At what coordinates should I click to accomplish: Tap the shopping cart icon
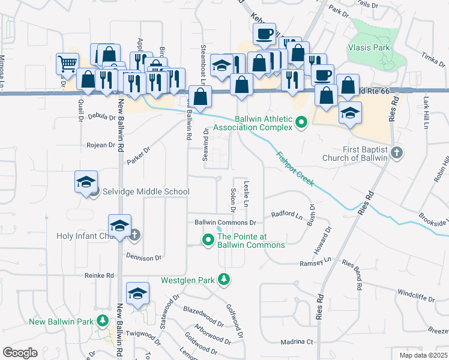67,63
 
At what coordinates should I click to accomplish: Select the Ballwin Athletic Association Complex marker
301,124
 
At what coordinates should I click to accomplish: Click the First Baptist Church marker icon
396,154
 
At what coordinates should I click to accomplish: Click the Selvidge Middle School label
146,191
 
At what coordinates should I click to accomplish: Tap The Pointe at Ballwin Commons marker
208,241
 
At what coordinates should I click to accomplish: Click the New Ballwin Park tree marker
103,321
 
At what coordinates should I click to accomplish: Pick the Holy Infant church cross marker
135,235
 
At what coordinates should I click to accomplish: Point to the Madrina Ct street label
297,342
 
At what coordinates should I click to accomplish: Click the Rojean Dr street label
100,145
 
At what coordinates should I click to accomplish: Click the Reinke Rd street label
99,275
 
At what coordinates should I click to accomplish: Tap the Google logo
20,352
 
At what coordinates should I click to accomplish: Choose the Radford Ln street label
287,214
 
